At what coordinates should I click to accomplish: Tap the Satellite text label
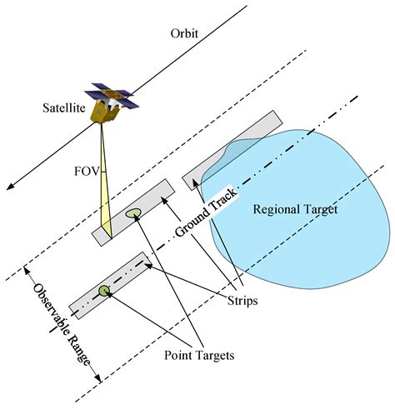tap(66, 108)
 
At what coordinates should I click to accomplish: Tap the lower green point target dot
tap(104, 290)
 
